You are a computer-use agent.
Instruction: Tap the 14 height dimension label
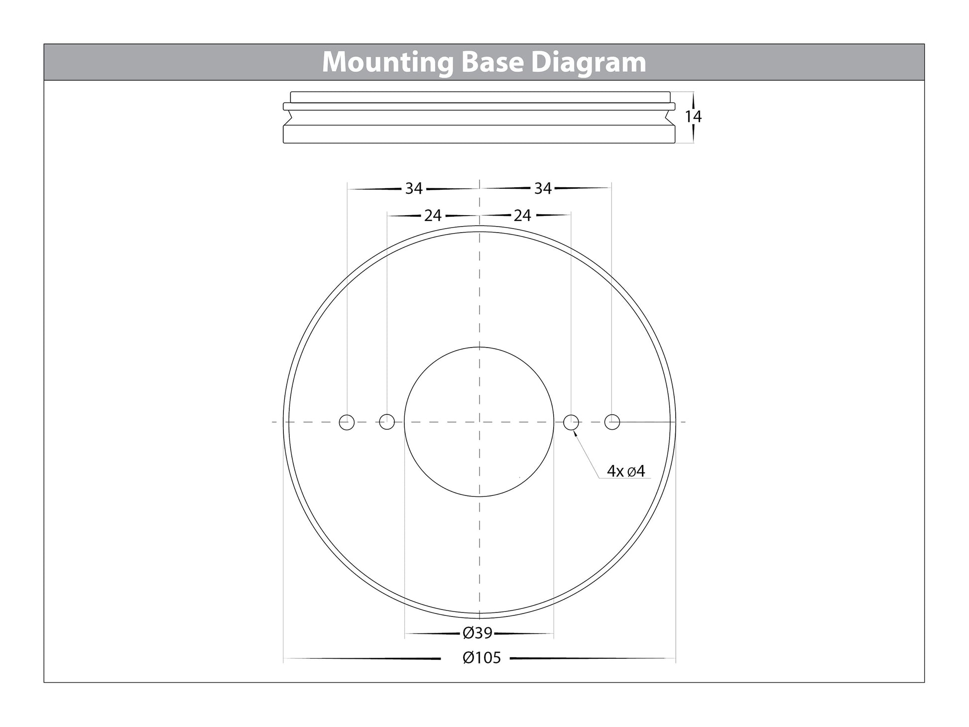click(x=693, y=117)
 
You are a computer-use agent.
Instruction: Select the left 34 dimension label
click(x=414, y=188)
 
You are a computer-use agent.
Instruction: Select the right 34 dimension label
click(x=543, y=188)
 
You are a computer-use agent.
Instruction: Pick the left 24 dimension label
click(x=433, y=216)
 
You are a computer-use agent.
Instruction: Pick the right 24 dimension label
click(x=522, y=216)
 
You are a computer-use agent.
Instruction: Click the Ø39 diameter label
click(x=478, y=633)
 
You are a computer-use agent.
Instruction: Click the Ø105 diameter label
click(x=482, y=658)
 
